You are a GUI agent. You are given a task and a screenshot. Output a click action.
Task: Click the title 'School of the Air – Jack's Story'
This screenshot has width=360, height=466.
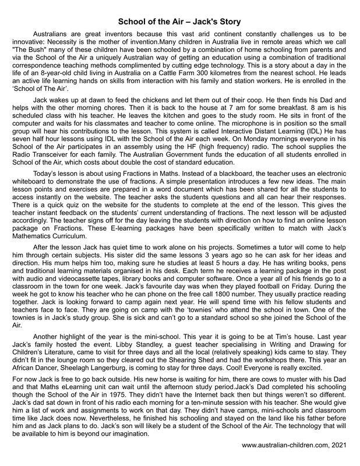pyautogui.click(x=179, y=22)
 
